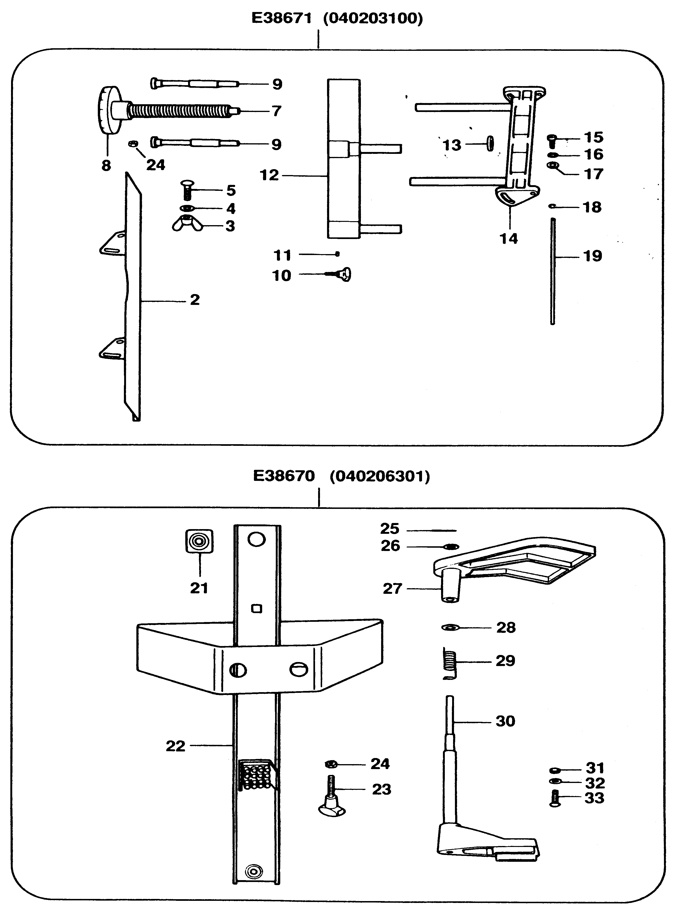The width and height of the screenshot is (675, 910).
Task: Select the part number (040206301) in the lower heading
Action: click(x=380, y=476)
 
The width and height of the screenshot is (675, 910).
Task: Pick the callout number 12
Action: click(x=269, y=175)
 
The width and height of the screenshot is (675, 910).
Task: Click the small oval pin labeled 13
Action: click(x=490, y=144)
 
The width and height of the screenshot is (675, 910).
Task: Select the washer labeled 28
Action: click(x=450, y=627)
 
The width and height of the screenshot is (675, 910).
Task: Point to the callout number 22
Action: click(x=175, y=746)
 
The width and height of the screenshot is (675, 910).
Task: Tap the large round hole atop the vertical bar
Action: click(x=256, y=540)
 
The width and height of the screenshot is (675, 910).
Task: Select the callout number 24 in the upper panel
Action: click(x=156, y=165)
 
